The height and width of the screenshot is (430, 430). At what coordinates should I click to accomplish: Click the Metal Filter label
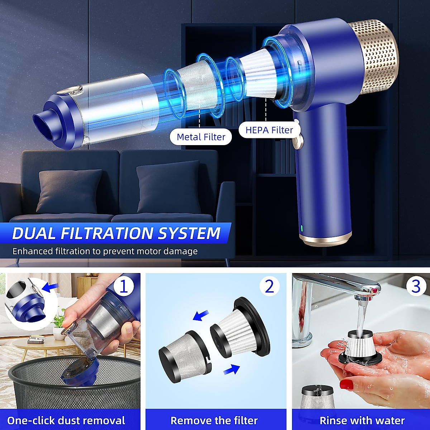pyautogui.click(x=201, y=137)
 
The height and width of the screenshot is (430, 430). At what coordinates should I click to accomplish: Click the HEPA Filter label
pyautogui.click(x=269, y=130)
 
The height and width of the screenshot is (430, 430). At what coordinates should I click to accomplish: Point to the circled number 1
pyautogui.click(x=123, y=287)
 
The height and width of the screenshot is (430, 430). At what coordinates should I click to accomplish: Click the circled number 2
pyautogui.click(x=269, y=287)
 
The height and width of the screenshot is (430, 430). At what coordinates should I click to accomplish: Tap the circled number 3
pyautogui.click(x=416, y=287)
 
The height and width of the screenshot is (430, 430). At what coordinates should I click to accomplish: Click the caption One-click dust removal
pyautogui.click(x=66, y=420)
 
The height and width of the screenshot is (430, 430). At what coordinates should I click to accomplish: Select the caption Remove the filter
pyautogui.click(x=214, y=420)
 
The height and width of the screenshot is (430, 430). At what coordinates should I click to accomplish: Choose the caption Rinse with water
pyautogui.click(x=362, y=420)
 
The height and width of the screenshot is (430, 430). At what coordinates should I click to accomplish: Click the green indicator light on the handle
pyautogui.click(x=302, y=228)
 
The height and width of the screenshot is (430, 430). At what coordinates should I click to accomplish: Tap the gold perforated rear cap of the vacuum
pyautogui.click(x=374, y=57)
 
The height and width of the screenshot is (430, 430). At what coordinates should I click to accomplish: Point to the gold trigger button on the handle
pyautogui.click(x=297, y=142)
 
